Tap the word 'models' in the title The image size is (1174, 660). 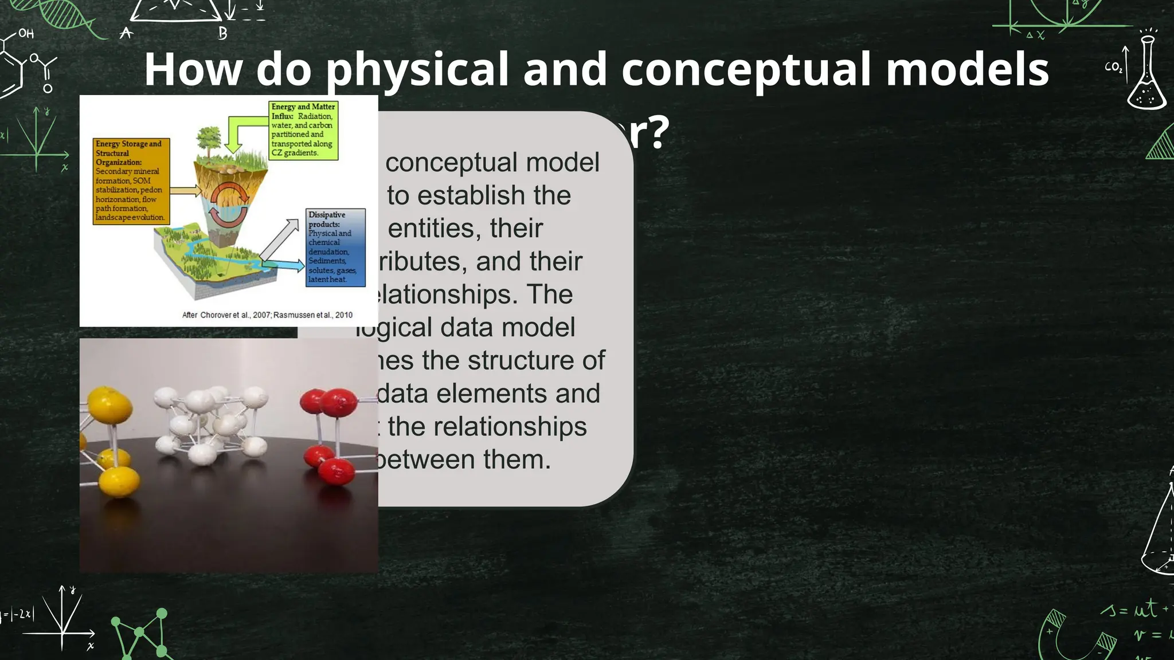pos(967,69)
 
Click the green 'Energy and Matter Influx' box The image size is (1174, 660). pos(303,130)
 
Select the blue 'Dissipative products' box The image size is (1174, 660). pos(335,247)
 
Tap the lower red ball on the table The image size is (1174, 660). pos(336,471)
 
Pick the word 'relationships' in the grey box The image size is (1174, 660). pos(487,426)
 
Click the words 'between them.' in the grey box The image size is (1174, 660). pos(463,459)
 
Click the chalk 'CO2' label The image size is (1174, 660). pos(1113,67)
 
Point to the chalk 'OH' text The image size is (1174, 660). pos(26,33)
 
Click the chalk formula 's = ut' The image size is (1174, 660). pos(1132,610)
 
